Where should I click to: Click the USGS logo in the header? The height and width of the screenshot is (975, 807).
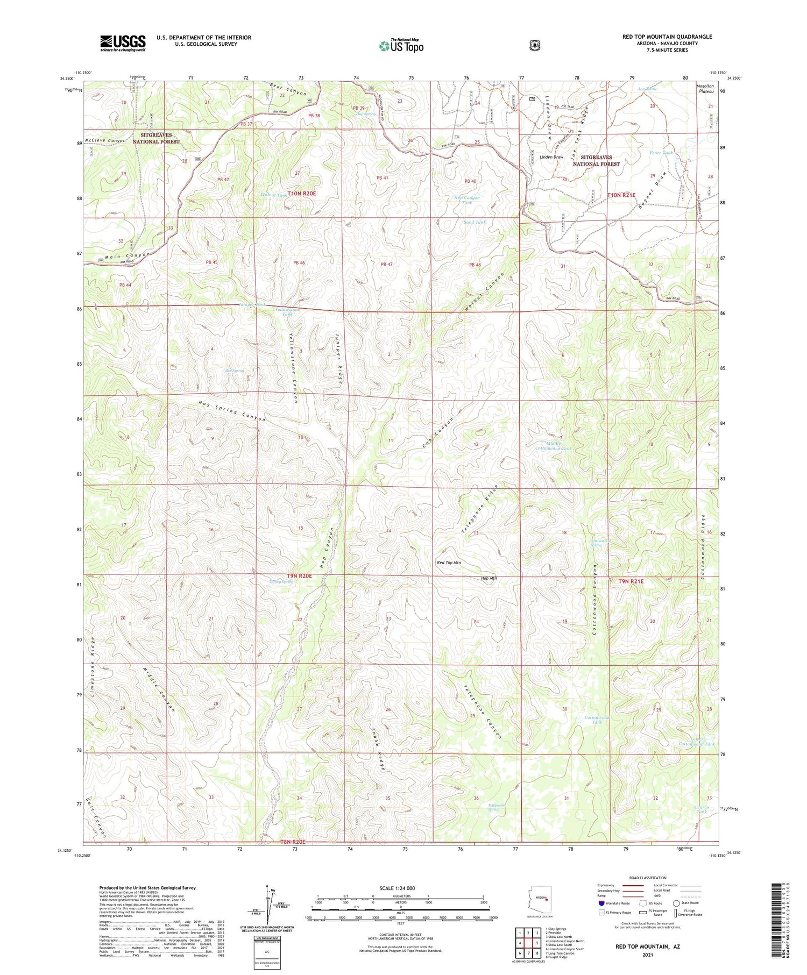tap(123, 43)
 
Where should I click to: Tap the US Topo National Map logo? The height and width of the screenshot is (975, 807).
tap(401, 46)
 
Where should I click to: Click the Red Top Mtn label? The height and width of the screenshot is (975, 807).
tap(448, 563)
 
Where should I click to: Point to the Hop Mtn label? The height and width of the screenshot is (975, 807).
tap(489, 578)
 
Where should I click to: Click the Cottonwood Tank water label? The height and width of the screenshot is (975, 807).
tap(598, 720)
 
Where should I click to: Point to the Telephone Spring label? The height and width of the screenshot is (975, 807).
tap(497, 807)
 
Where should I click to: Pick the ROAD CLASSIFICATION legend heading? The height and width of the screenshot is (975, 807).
tap(651, 878)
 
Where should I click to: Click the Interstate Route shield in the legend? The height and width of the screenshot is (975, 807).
tap(601, 903)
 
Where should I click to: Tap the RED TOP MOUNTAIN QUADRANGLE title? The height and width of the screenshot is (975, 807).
tap(667, 37)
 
